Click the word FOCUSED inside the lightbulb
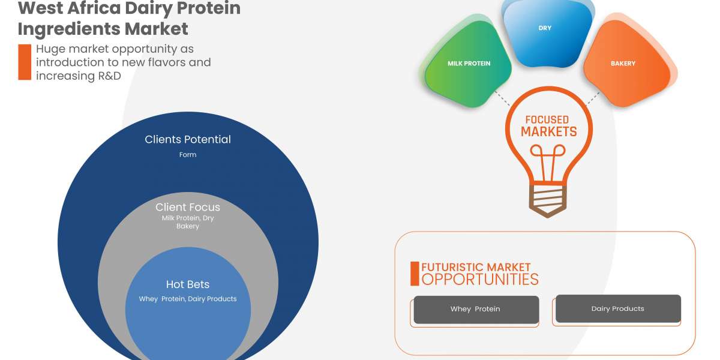547,120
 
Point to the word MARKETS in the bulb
548,132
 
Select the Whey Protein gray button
475,309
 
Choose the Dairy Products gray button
617,308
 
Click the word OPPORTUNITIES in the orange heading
480,279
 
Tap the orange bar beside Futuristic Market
414,273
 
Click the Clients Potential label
188,139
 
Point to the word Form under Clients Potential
188,155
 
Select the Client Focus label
188,207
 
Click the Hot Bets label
188,284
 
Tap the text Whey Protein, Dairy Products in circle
188,299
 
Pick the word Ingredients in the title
67,28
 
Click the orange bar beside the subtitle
24,62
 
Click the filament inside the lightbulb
547,165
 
